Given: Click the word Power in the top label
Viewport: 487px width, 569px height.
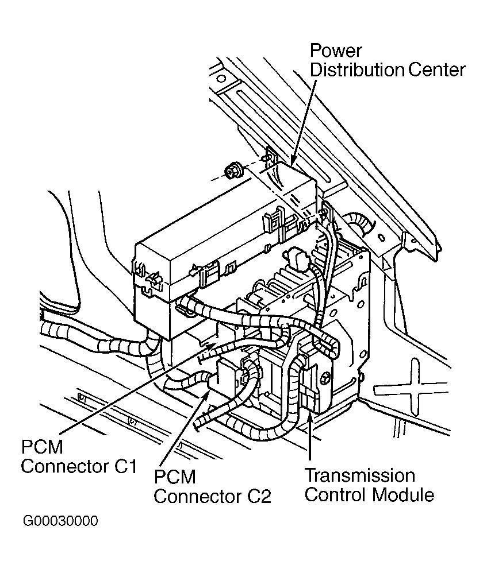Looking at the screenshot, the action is (x=335, y=51).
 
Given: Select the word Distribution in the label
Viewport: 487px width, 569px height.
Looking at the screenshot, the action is (x=357, y=69).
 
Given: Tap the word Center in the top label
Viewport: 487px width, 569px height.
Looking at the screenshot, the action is (x=436, y=69).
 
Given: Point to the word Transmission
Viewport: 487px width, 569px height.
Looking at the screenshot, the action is (x=360, y=476).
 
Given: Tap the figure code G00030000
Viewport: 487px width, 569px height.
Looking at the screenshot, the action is (x=60, y=521).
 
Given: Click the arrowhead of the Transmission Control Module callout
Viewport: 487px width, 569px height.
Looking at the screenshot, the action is (x=309, y=415).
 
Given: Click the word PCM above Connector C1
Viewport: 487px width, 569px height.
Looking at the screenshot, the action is (x=42, y=447).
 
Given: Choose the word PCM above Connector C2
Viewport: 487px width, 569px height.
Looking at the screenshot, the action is (x=175, y=477).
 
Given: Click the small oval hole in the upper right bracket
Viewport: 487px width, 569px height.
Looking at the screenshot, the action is (x=381, y=238).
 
